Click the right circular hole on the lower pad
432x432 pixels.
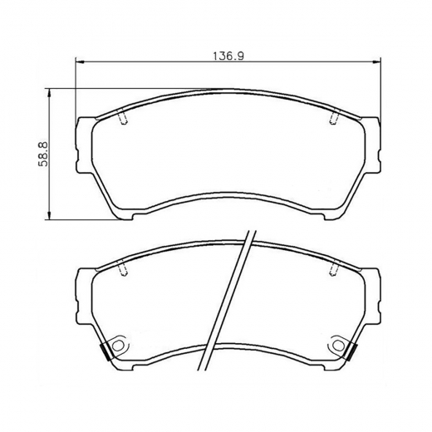coord(339,344)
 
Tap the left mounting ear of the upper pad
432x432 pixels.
coord(83,145)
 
